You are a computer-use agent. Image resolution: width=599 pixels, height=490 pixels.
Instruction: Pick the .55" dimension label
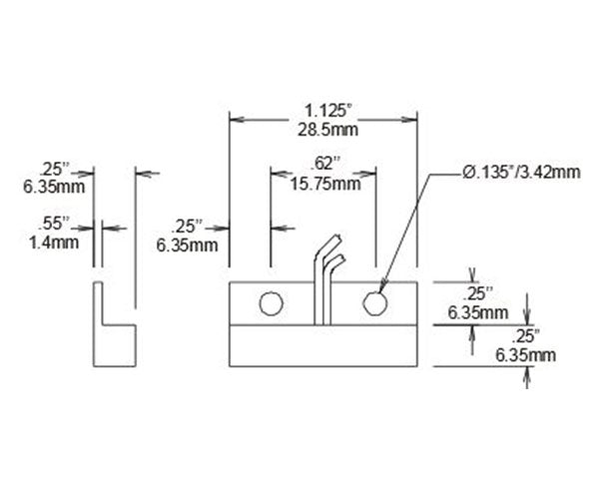click(x=51, y=223)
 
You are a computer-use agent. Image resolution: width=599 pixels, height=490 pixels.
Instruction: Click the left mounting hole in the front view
click(x=269, y=303)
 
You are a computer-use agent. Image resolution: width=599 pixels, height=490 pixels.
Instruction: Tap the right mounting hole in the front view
click(x=374, y=303)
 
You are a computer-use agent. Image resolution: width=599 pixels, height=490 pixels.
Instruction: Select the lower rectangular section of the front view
click(x=323, y=345)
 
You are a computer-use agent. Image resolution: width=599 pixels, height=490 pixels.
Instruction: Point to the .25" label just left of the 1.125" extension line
click(x=188, y=225)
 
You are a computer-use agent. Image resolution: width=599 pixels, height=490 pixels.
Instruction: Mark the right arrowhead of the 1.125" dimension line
click(x=412, y=117)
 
